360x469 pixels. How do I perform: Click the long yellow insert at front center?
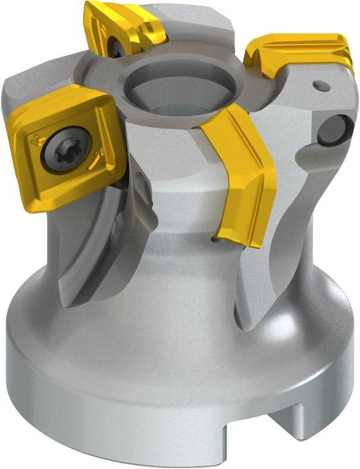[244, 181]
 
